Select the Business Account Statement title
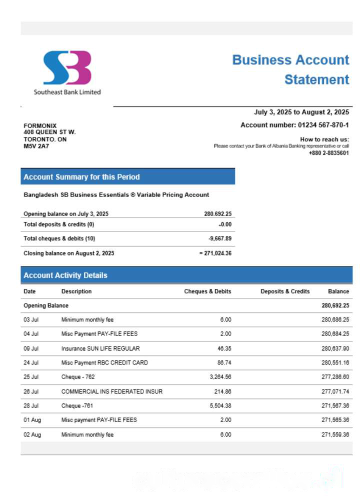click(x=290, y=69)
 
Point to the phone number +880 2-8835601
click(x=328, y=153)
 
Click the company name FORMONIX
click(x=40, y=125)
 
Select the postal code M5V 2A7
click(x=36, y=146)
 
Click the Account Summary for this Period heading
click(x=81, y=177)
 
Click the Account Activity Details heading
click(x=65, y=275)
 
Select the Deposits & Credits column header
click(x=285, y=291)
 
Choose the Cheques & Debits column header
click(x=207, y=291)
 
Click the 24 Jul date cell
click(x=31, y=363)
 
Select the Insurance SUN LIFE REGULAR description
click(x=100, y=348)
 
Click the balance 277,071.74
click(x=335, y=391)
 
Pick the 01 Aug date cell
click(x=32, y=420)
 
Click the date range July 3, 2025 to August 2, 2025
click(x=301, y=112)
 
